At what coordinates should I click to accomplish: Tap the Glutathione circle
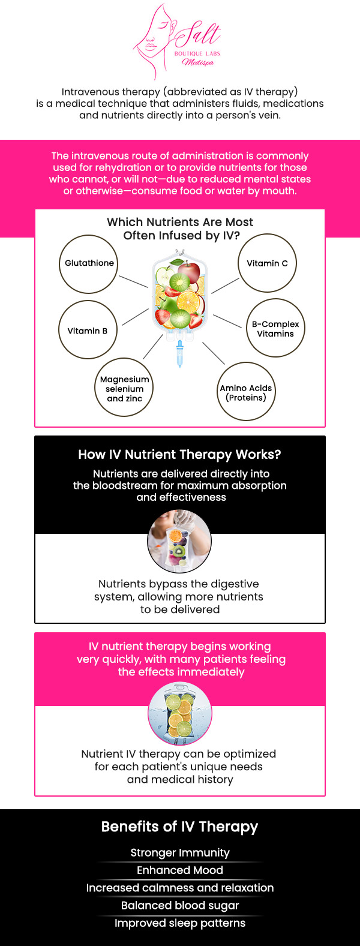[89, 264]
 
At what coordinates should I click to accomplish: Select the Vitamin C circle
[267, 264]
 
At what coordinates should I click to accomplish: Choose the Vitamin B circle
[88, 330]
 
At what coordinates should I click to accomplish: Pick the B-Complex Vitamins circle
[275, 328]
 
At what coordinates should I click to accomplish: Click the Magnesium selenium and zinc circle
[124, 388]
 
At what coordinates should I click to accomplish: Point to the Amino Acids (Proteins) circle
[246, 392]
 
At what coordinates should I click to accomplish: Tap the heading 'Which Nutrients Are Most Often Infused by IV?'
[180, 229]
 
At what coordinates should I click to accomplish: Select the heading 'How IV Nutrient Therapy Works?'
[179, 455]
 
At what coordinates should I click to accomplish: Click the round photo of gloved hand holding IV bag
[179, 540]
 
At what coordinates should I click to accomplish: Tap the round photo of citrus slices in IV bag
[179, 714]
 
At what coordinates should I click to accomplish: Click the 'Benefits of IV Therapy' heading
[179, 827]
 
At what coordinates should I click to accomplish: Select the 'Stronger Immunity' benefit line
[180, 852]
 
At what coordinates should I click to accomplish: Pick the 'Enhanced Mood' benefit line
[180, 870]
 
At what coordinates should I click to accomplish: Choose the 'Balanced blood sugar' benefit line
[180, 905]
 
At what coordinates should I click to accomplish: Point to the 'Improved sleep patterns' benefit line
[180, 923]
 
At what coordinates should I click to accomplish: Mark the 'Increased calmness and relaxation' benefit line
[180, 888]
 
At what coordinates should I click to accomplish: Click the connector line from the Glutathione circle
[133, 281]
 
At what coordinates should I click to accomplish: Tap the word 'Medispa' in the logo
[198, 62]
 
